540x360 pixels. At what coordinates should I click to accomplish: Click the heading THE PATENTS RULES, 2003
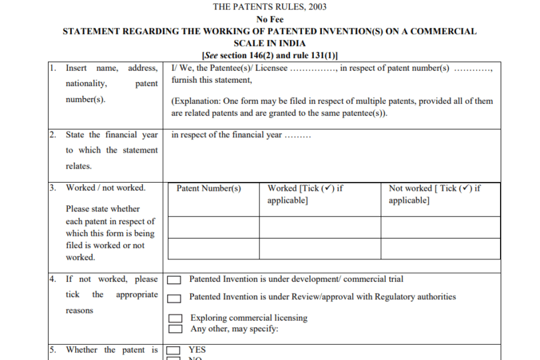269,7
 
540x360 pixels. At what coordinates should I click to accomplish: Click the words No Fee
269,19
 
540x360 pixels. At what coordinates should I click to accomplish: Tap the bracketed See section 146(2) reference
269,55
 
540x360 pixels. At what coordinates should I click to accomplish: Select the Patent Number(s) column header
209,189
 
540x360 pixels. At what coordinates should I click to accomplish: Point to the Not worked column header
435,194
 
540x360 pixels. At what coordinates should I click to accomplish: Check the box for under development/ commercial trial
175,281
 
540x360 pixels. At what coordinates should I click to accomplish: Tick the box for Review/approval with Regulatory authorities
175,298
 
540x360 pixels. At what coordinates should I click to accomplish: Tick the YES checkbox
173,350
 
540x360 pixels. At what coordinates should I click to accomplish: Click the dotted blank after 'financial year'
297,135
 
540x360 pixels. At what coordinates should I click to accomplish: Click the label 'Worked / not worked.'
105,188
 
